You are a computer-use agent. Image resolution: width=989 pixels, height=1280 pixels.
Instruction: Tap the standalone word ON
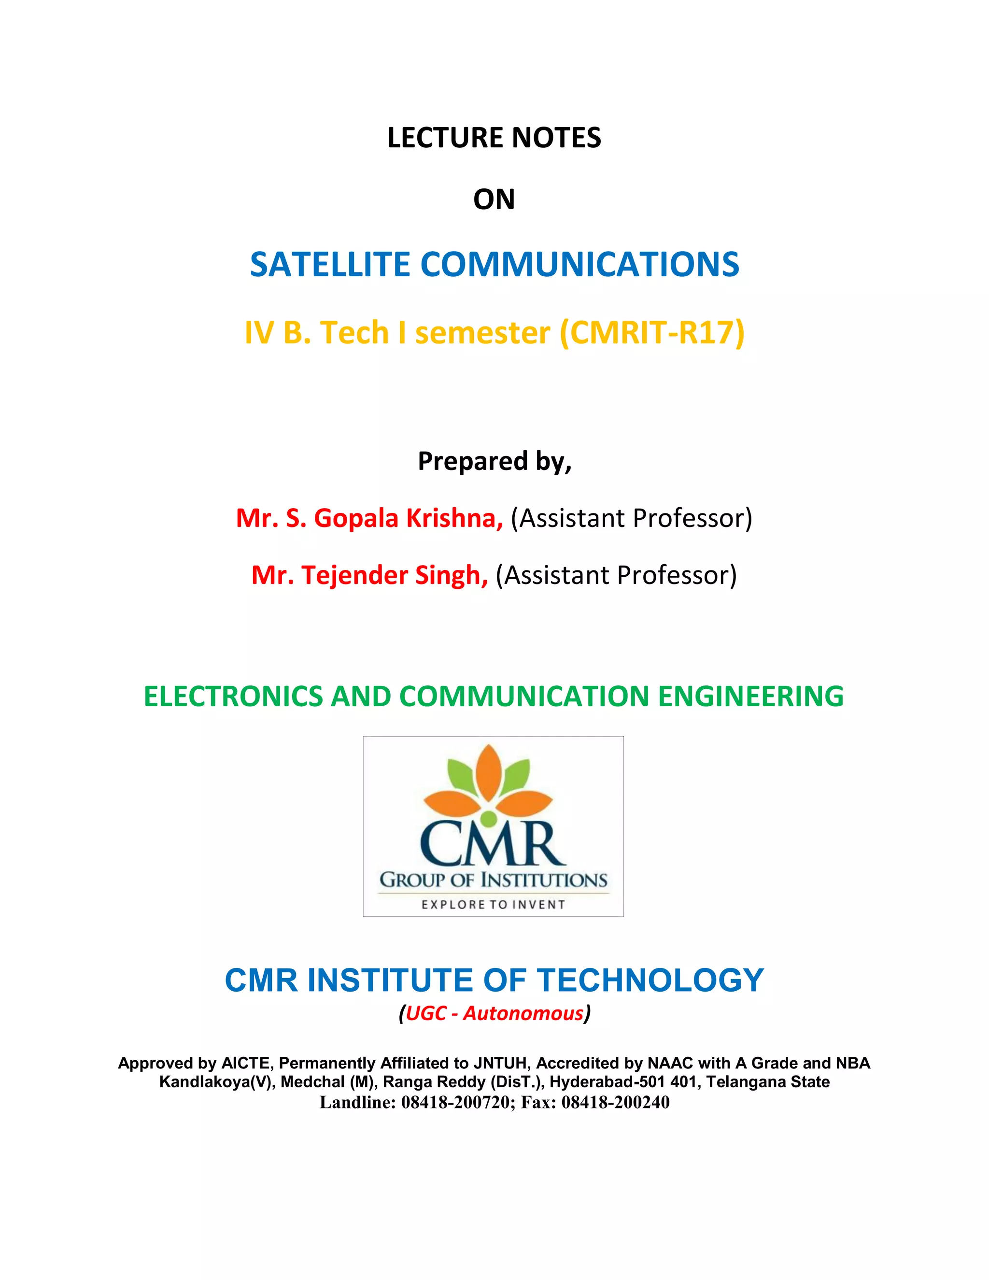pyautogui.click(x=494, y=200)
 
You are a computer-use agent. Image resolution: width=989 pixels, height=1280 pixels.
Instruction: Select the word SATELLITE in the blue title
pyautogui.click(x=329, y=264)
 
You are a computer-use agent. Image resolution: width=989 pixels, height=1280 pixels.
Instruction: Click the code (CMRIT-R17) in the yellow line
pyautogui.click(x=652, y=332)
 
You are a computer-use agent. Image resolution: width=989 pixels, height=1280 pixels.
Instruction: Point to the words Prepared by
pyautogui.click(x=494, y=461)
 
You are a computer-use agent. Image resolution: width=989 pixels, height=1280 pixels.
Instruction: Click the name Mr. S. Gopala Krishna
pyautogui.click(x=369, y=518)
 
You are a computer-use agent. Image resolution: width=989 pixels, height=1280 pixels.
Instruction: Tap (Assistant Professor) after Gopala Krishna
pyautogui.click(x=631, y=518)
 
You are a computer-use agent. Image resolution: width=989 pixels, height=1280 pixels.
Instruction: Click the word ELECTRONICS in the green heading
pyautogui.click(x=233, y=696)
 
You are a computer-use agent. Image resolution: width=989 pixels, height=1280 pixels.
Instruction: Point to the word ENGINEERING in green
pyautogui.click(x=750, y=696)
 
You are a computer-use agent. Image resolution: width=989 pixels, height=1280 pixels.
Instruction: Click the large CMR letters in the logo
pyautogui.click(x=492, y=844)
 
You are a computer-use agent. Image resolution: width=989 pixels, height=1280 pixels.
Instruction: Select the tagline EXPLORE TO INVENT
pyautogui.click(x=494, y=904)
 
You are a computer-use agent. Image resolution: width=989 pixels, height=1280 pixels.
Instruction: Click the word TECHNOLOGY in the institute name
pyautogui.click(x=651, y=981)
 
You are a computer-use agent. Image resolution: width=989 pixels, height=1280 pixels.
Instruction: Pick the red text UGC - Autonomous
pyautogui.click(x=494, y=1013)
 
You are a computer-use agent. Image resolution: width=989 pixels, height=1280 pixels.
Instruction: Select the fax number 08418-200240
pyautogui.click(x=615, y=1102)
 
